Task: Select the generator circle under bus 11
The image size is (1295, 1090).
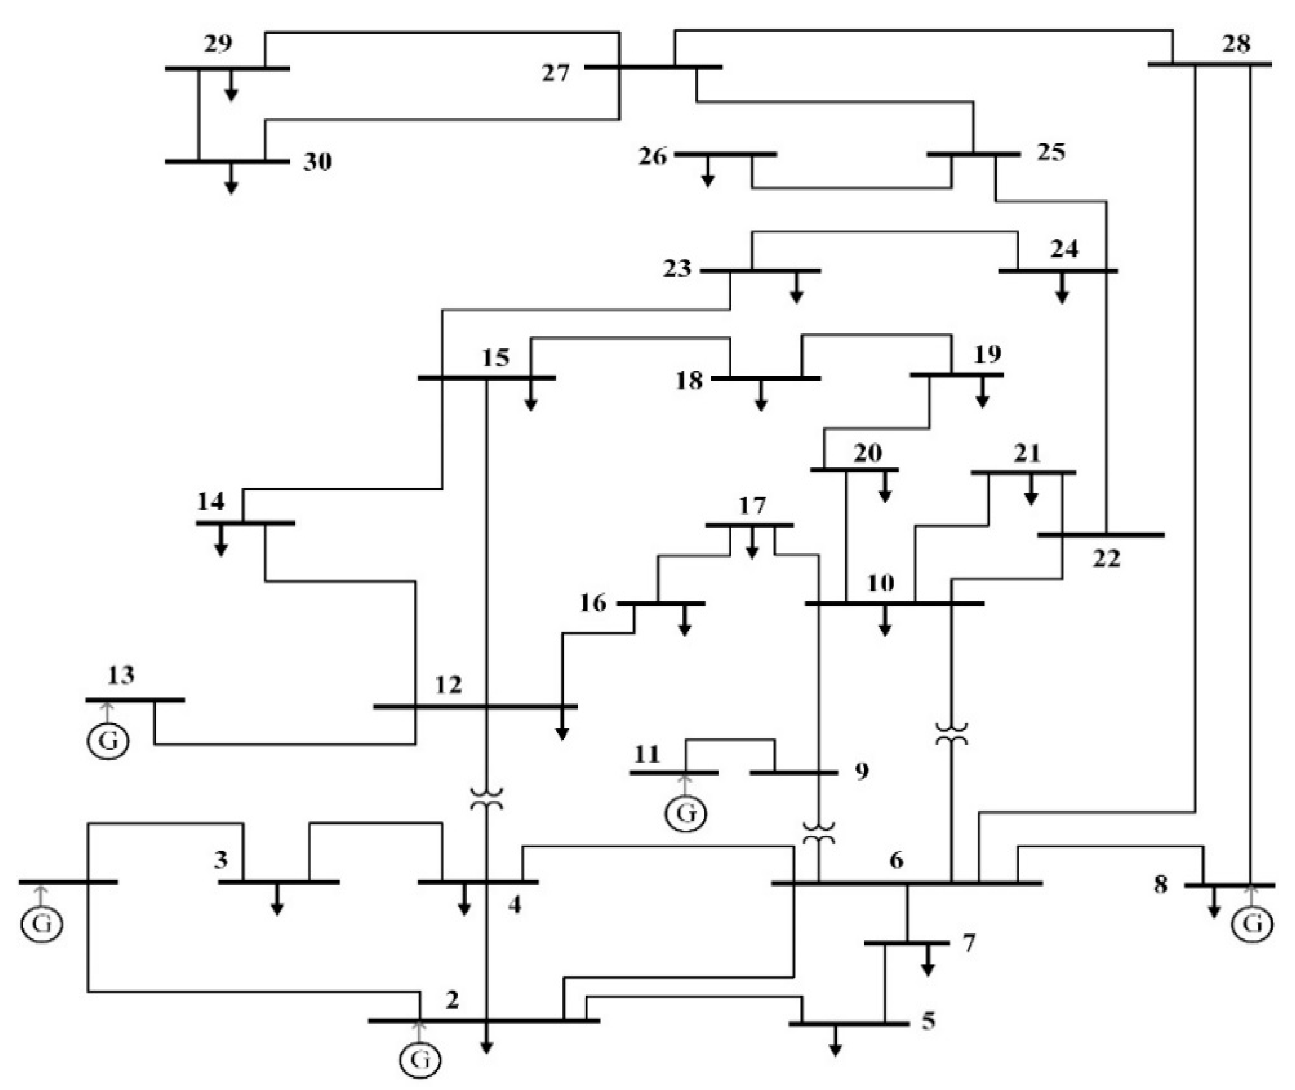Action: (685, 813)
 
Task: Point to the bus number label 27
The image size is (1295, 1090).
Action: (555, 73)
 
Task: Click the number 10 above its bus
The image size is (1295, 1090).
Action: (880, 583)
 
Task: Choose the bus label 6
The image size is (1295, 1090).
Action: (896, 860)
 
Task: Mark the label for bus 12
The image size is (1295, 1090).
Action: (448, 685)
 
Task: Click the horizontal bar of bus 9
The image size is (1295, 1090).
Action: (793, 772)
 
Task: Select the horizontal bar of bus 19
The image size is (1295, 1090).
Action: (956, 375)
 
